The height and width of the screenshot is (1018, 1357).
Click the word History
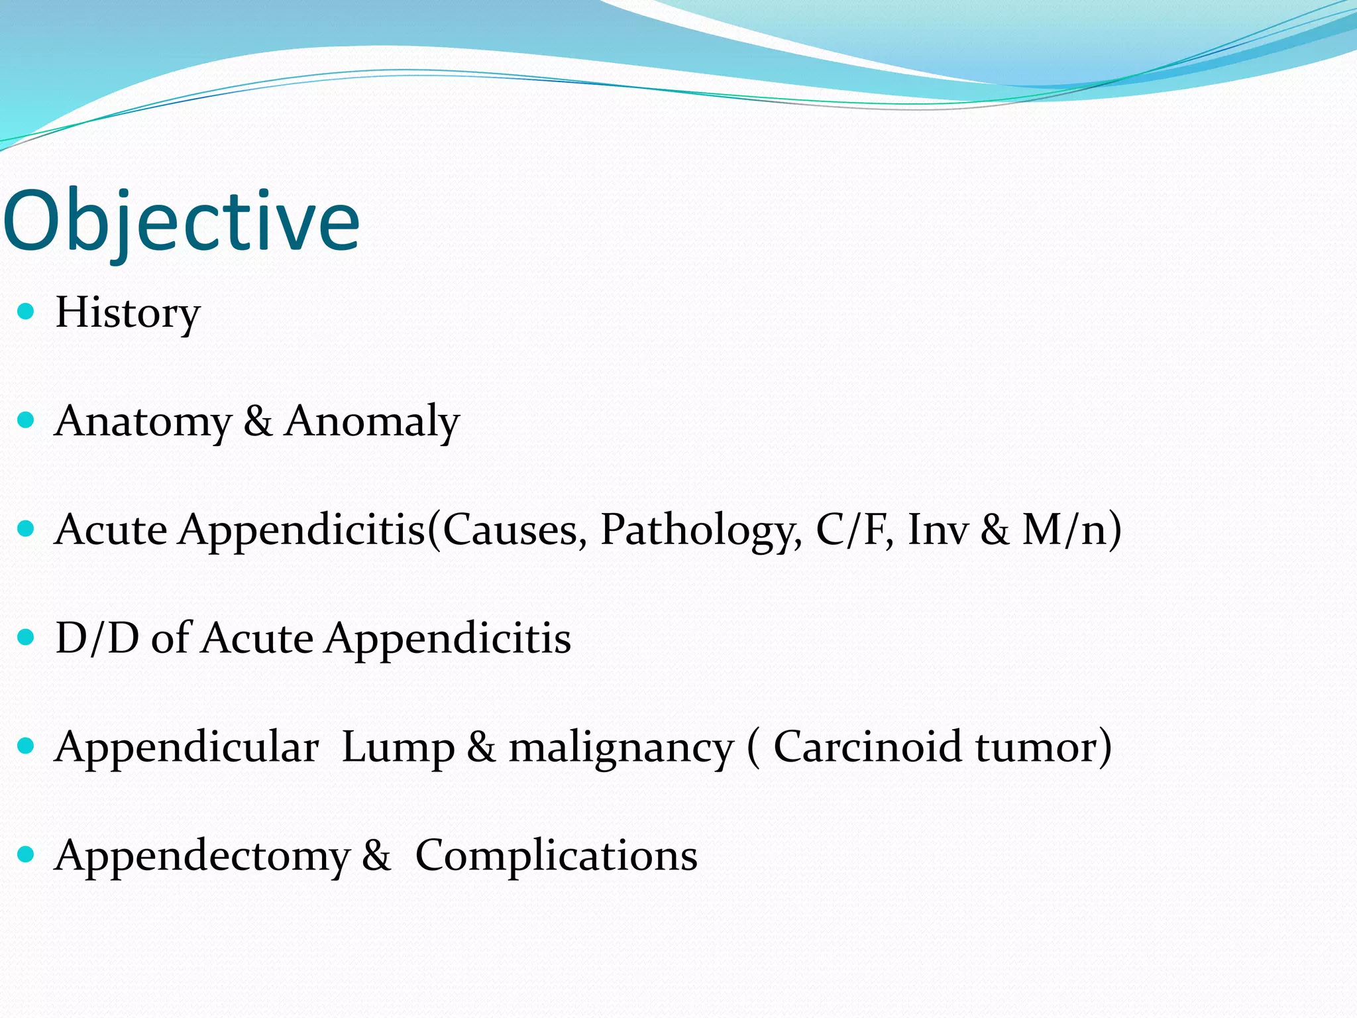pyautogui.click(x=127, y=312)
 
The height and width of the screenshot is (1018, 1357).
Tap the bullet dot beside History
pyautogui.click(x=26, y=311)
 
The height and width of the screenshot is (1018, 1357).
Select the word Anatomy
pyautogui.click(x=142, y=421)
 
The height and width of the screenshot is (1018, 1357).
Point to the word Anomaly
pyautogui.click(x=372, y=421)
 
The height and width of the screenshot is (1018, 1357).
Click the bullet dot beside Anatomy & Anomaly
pyautogui.click(x=26, y=420)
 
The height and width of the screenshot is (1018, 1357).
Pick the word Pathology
pyautogui.click(x=700, y=530)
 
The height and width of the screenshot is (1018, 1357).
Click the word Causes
pyautogui.click(x=514, y=530)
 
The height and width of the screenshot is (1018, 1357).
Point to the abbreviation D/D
pyautogui.click(x=97, y=638)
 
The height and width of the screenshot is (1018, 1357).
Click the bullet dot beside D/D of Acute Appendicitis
pyautogui.click(x=26, y=637)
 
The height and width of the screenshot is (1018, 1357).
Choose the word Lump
pyautogui.click(x=398, y=747)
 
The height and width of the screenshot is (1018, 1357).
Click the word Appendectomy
pyautogui.click(x=202, y=856)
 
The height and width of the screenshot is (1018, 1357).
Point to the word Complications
pyautogui.click(x=556, y=856)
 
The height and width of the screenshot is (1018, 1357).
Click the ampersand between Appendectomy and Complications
pyautogui.click(x=376, y=855)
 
